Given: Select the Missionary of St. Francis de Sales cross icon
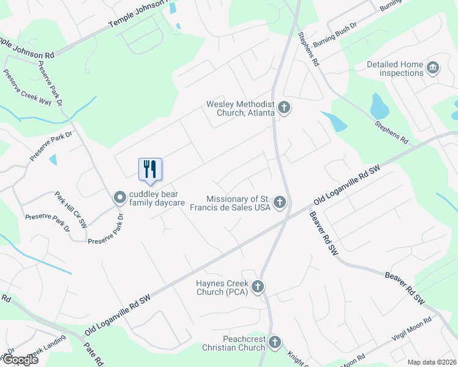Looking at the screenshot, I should click(x=280, y=202).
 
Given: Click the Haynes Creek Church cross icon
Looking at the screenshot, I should click(x=258, y=286).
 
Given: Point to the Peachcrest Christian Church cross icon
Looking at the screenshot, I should click(x=275, y=342).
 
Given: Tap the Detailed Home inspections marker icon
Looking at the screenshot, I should click(x=433, y=68).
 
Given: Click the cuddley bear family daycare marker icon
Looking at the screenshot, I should click(x=120, y=197).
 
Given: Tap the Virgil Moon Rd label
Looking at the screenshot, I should click(x=412, y=329).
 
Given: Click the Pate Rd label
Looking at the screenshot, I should click(x=93, y=352).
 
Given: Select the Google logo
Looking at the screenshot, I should click(x=20, y=359).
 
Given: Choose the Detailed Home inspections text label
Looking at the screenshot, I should click(x=395, y=69).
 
